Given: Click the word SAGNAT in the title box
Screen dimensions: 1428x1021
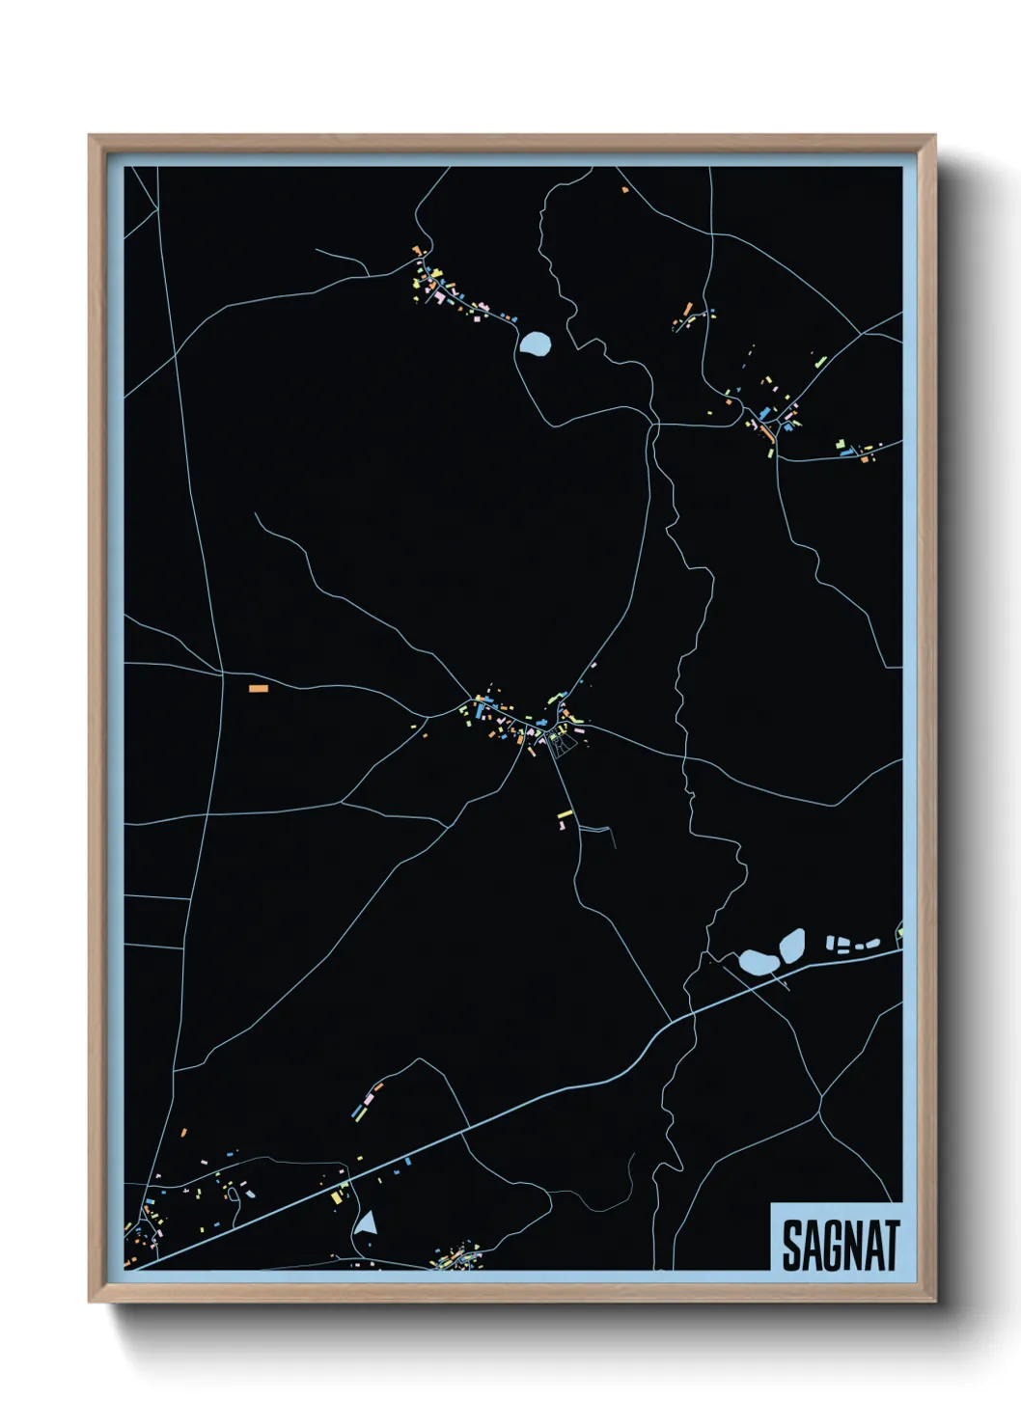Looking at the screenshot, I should pyautogui.click(x=840, y=1246).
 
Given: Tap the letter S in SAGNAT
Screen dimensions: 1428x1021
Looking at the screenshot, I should pyautogui.click(x=791, y=1246).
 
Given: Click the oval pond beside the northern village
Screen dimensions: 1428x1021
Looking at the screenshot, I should pyautogui.click(x=535, y=343).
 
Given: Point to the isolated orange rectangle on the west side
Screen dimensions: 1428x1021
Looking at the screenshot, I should pyautogui.click(x=258, y=688).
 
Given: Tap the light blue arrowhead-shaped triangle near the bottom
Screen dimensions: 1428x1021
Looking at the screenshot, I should pyautogui.click(x=366, y=1223).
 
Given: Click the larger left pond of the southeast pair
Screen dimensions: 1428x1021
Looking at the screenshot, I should pyautogui.click(x=758, y=962).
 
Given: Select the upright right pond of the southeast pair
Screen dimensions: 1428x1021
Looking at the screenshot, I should pyautogui.click(x=791, y=945).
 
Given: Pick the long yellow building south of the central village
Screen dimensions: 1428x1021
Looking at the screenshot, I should pyautogui.click(x=565, y=815).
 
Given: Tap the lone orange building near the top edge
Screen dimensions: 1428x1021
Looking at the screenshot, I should pyautogui.click(x=625, y=190).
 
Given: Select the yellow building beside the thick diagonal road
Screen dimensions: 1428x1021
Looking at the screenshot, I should pyautogui.click(x=338, y=1197).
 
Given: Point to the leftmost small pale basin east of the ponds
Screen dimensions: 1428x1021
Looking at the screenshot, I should pyautogui.click(x=831, y=942).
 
